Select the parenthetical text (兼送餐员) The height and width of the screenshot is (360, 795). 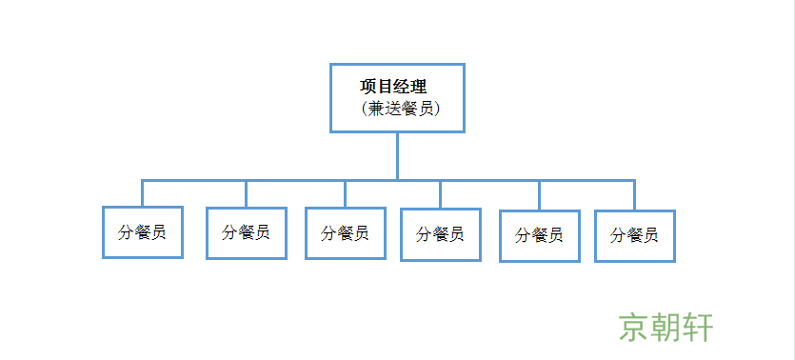[399, 109]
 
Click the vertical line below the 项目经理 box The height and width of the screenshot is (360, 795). [398, 154]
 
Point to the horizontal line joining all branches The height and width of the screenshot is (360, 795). [286, 180]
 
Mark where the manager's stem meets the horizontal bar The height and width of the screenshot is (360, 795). [398, 180]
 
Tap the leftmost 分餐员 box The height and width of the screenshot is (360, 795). [143, 232]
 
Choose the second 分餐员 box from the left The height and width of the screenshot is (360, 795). [246, 232]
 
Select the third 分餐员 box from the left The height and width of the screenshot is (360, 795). [345, 233]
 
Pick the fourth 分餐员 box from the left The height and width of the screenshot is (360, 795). [440, 234]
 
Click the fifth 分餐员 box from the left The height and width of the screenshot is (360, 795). [539, 235]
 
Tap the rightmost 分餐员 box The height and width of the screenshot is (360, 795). [634, 235]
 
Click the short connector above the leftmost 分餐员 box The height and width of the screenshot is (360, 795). [143, 193]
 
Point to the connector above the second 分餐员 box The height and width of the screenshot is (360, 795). [246, 193]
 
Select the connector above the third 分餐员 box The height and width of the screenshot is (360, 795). [345, 193]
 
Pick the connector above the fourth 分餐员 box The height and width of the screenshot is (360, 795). [440, 194]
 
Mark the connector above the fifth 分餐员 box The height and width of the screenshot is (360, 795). [539, 195]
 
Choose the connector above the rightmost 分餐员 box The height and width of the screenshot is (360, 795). [634, 195]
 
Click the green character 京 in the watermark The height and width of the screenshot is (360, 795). [635, 327]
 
